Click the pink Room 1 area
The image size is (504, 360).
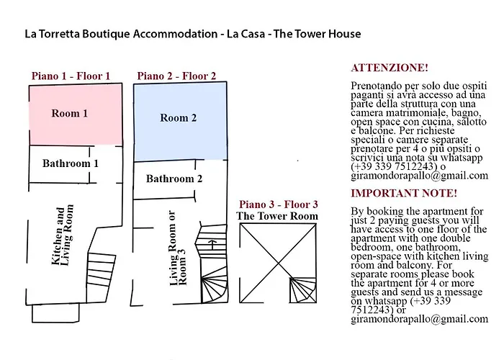pos(72,115)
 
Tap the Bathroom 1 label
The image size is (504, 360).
pos(70,163)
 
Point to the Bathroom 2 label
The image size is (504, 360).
pos(174,179)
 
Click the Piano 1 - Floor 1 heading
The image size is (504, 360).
pos(71,76)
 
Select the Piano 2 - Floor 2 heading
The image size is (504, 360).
pos(176,76)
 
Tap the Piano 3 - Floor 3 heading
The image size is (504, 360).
pos(278,204)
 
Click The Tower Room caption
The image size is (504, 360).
pos(277,216)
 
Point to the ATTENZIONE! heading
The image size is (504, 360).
pos(389,68)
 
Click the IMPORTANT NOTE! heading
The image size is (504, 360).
pos(403,193)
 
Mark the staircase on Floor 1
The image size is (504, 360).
pos(100,271)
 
